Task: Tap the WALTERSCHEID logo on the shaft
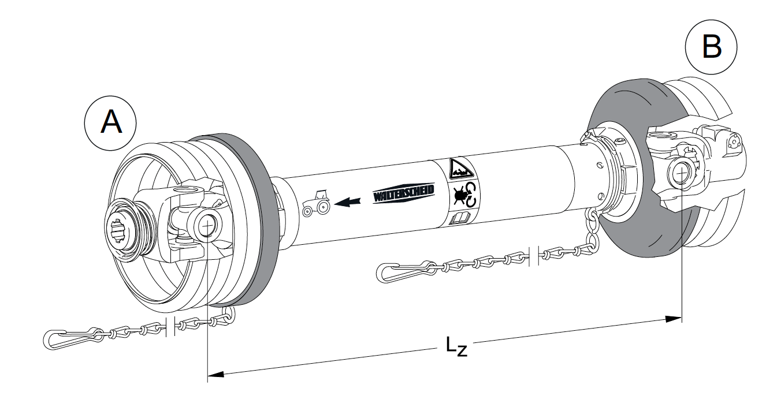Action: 403,194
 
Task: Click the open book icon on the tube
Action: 461,219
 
